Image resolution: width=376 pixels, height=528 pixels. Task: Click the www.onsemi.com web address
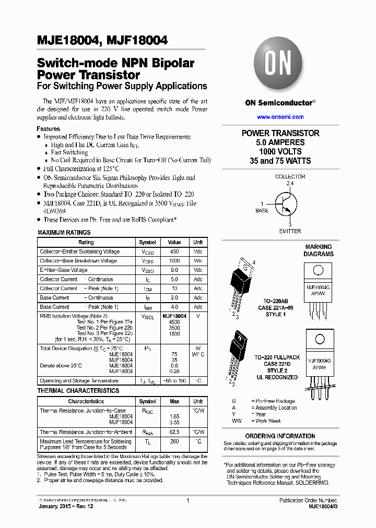(x=280, y=117)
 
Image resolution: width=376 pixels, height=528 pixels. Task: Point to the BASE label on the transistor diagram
(x=262, y=211)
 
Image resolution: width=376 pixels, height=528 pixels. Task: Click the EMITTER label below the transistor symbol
(x=290, y=231)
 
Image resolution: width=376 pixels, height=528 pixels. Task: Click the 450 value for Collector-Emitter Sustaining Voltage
(x=174, y=251)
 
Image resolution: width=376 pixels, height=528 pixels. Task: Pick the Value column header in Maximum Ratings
(x=174, y=243)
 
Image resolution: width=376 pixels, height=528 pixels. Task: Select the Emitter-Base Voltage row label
(x=64, y=270)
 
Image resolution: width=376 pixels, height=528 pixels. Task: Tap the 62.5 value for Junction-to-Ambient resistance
(x=174, y=432)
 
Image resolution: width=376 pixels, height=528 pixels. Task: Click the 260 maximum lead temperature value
(x=174, y=441)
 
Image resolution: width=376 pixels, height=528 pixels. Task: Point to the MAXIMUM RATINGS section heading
(x=64, y=233)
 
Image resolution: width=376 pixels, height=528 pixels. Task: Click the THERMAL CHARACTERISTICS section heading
(x=78, y=391)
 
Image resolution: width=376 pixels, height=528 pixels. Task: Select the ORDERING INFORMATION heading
(x=280, y=436)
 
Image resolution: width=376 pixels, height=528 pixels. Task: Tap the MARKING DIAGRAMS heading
(x=318, y=250)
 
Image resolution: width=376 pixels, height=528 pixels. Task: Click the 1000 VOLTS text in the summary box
(x=280, y=151)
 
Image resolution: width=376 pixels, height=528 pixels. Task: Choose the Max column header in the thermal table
(x=174, y=402)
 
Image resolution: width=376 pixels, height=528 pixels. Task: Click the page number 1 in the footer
(x=187, y=500)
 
